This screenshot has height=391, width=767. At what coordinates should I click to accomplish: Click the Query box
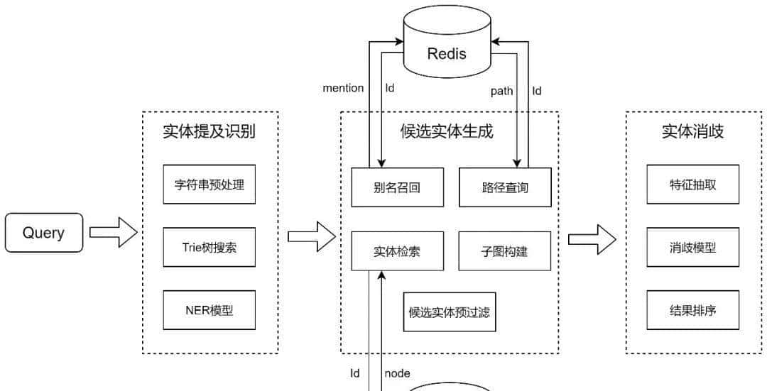pyautogui.click(x=44, y=233)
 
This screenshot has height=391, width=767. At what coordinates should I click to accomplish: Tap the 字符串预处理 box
pyautogui.click(x=209, y=185)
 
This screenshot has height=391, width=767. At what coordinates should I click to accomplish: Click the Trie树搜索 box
pyautogui.click(x=209, y=248)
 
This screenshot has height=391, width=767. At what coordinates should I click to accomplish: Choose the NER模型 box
pyautogui.click(x=209, y=310)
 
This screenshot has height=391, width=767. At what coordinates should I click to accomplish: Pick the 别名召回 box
pyautogui.click(x=398, y=187)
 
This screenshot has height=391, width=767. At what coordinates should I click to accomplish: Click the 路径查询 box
pyautogui.click(x=504, y=187)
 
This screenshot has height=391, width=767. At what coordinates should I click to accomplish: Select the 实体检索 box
pyautogui.click(x=398, y=251)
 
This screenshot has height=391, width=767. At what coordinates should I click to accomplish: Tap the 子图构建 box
pyautogui.click(x=504, y=251)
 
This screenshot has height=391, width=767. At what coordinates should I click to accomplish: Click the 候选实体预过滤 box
pyautogui.click(x=450, y=312)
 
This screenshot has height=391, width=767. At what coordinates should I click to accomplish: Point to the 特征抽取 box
pyautogui.click(x=693, y=185)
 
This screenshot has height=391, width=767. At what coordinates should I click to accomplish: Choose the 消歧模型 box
pyautogui.click(x=693, y=248)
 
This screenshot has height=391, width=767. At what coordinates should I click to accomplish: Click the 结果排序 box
pyautogui.click(x=693, y=310)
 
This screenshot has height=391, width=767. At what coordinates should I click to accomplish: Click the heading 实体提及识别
pyautogui.click(x=209, y=131)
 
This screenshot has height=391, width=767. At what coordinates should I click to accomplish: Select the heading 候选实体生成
pyautogui.click(x=447, y=131)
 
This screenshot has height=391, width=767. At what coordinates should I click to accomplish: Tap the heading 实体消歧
pyautogui.click(x=693, y=131)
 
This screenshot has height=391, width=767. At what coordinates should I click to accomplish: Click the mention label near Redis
pyautogui.click(x=343, y=88)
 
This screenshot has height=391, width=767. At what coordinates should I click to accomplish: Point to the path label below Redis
pyautogui.click(x=501, y=91)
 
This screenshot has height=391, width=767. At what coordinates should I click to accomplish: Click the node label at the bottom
pyautogui.click(x=397, y=373)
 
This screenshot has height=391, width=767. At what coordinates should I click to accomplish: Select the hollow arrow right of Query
pyautogui.click(x=113, y=233)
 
